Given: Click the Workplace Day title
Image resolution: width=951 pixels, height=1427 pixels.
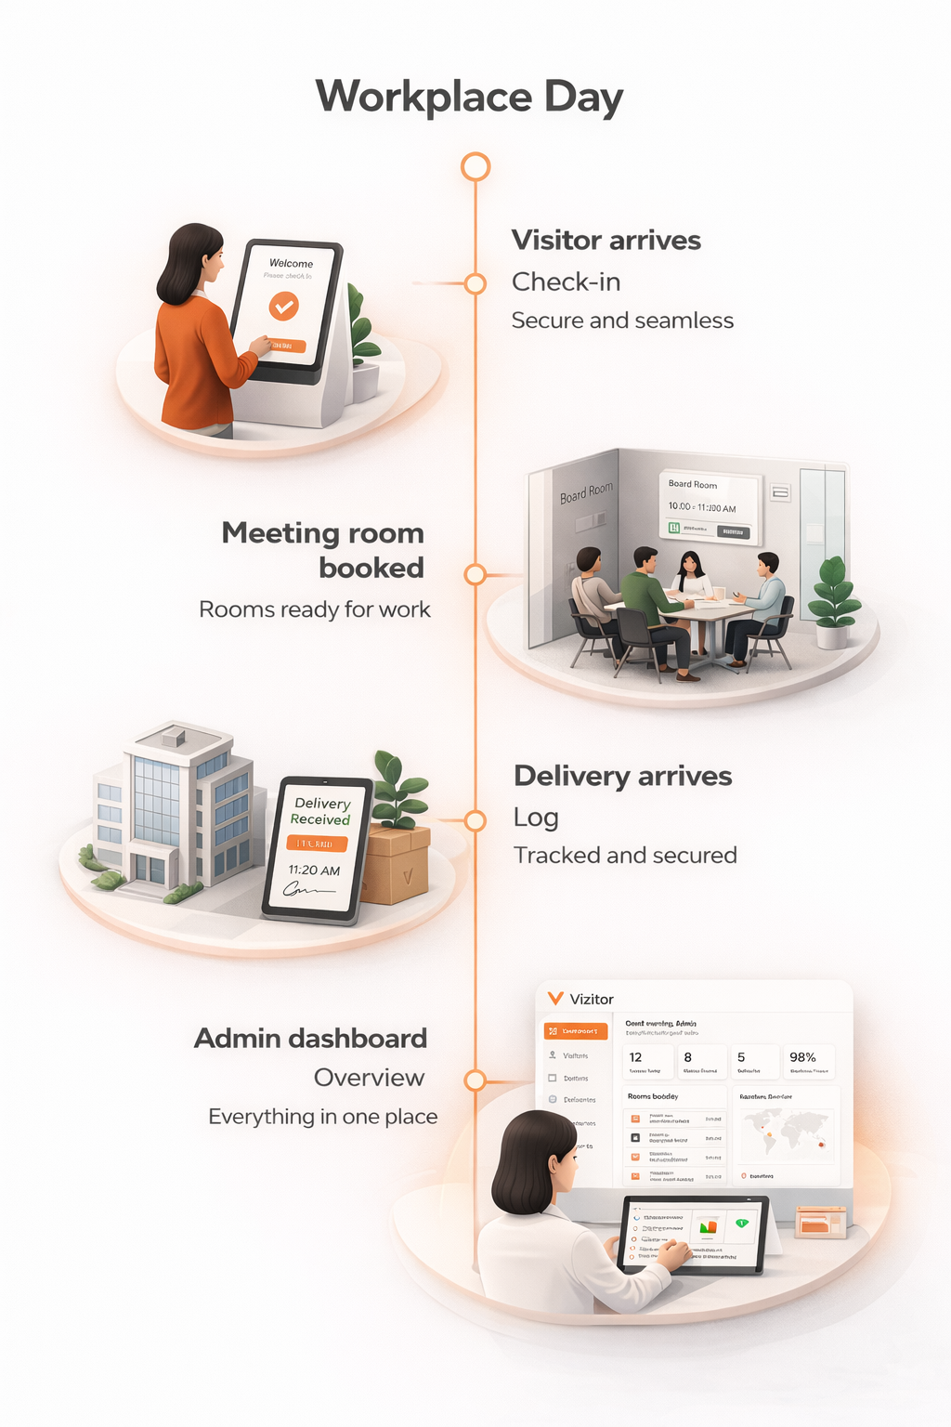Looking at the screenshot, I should tap(469, 98).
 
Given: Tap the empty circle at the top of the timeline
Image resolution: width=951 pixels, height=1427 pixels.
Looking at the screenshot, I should tap(475, 167).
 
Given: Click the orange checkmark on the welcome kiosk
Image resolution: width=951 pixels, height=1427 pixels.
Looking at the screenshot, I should tap(283, 305).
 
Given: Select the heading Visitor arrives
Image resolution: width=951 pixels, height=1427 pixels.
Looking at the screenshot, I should tap(606, 241).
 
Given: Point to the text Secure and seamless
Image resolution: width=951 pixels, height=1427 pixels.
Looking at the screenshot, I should tap(622, 321).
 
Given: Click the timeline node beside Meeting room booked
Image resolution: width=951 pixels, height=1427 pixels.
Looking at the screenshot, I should tap(475, 574).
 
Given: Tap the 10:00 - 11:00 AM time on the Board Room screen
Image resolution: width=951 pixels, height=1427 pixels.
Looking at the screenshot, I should tap(702, 507).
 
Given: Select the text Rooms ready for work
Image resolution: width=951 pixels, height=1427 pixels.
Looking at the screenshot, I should tap(315, 609).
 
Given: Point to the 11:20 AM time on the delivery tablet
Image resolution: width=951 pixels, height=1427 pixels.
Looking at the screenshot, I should tap(314, 871).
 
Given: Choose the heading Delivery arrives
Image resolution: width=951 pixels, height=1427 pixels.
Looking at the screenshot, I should tap(622, 776).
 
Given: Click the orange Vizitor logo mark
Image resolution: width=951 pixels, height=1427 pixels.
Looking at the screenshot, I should tap(555, 999).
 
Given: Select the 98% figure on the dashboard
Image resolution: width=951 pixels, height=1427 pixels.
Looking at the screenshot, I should tap(802, 1057).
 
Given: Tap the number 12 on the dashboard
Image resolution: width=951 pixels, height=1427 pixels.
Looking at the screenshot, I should tap(635, 1057).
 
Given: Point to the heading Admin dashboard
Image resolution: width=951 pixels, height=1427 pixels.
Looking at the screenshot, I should tap(310, 1039).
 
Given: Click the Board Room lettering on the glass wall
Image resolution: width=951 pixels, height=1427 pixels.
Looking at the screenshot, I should tap(586, 492).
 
